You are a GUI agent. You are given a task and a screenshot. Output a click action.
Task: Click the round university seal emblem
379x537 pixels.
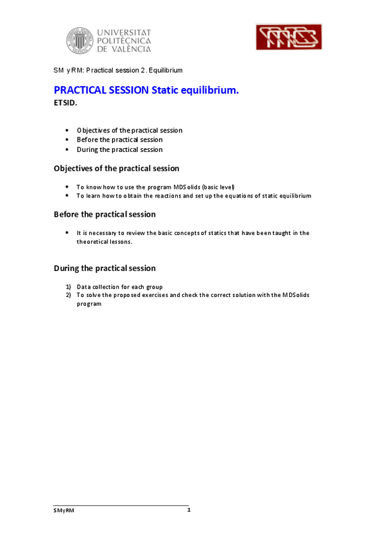[x=79, y=40]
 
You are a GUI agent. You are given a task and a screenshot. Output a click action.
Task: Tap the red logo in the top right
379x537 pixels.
[x=289, y=37]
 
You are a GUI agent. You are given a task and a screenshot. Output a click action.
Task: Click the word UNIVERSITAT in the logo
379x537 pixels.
[x=124, y=30]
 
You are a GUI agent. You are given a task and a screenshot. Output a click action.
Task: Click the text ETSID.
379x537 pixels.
[x=66, y=103]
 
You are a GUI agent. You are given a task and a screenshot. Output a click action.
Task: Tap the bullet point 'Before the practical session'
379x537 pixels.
[x=120, y=139]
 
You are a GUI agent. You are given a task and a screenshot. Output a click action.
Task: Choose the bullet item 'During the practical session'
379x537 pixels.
[x=120, y=149]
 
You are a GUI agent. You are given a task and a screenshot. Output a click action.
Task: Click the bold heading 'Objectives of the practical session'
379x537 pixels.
[x=116, y=168]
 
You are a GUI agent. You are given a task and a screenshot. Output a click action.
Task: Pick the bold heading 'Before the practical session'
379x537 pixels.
[x=104, y=214]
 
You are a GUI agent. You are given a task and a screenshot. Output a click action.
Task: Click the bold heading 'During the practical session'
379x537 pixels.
[x=104, y=268]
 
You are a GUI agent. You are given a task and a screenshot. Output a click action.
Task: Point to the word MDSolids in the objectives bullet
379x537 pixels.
[x=179, y=187]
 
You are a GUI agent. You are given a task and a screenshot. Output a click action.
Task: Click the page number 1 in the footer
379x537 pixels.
[x=189, y=510]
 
